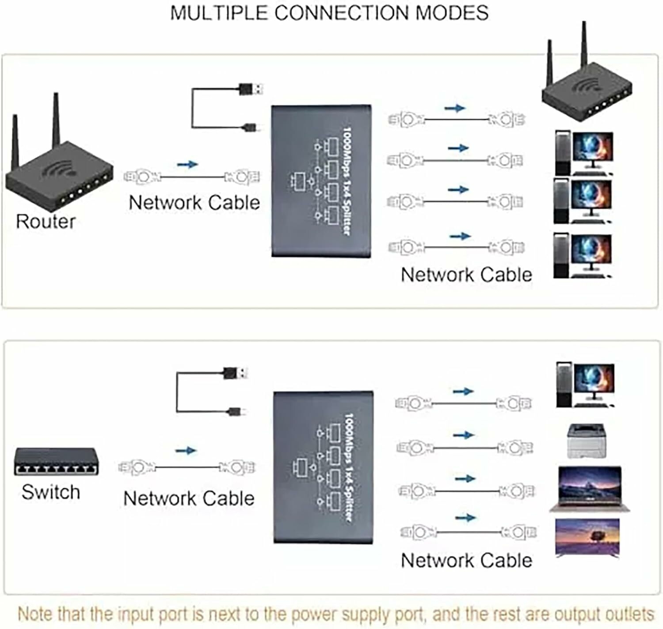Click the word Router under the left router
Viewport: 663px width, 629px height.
point(46,222)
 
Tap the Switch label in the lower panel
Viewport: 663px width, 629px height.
point(51,492)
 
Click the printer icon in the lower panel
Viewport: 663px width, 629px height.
point(586,441)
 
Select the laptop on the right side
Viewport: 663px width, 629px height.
point(590,489)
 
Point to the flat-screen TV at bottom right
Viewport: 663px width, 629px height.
point(587,537)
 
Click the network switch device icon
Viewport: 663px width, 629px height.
point(57,462)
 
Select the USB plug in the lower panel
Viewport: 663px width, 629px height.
point(235,373)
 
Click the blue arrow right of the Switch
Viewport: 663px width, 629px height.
point(186,451)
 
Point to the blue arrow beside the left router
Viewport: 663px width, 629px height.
point(187,164)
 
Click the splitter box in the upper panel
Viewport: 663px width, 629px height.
point(321,181)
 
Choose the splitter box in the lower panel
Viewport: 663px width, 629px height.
point(324,467)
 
